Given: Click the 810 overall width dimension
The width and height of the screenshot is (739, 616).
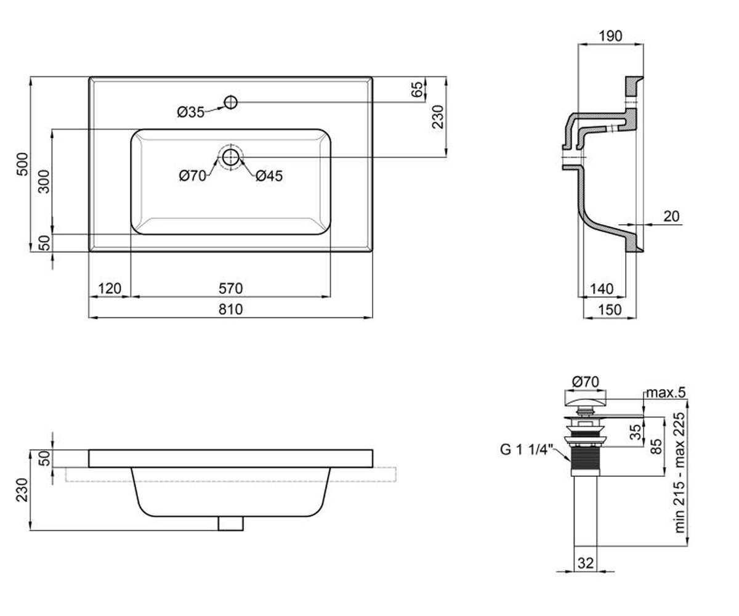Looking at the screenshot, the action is [x=230, y=309].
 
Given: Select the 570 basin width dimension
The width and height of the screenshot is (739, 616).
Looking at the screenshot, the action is [x=230, y=288].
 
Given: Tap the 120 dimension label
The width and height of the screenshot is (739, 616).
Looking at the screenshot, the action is [x=110, y=288].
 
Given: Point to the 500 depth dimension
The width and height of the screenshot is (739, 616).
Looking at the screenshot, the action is [x=22, y=164].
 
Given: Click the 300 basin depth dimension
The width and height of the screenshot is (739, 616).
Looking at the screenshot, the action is [x=44, y=181].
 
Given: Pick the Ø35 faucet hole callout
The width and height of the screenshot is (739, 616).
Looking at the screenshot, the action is [x=191, y=112].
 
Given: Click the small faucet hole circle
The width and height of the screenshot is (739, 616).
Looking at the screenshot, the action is [x=231, y=103].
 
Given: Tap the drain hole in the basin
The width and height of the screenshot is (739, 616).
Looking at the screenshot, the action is [x=231, y=157].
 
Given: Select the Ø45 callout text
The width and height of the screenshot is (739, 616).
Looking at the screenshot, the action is [x=269, y=176].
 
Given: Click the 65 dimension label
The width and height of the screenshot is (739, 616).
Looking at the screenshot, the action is [x=418, y=89].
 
